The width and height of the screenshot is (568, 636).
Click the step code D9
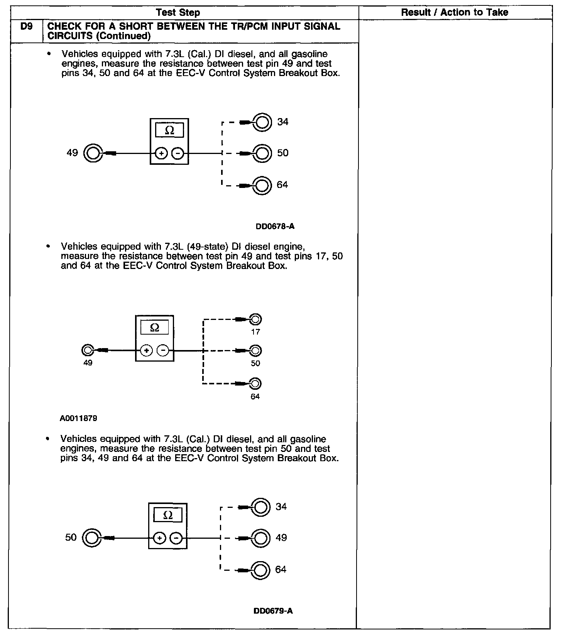(x=26, y=27)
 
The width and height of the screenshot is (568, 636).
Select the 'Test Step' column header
(x=178, y=13)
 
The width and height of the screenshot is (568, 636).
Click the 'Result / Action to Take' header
(x=454, y=12)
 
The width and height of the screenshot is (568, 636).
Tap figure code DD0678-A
(x=275, y=227)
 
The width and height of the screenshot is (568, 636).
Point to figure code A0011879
(x=78, y=418)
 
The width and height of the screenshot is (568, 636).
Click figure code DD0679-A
(x=273, y=611)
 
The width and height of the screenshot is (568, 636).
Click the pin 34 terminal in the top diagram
(x=262, y=122)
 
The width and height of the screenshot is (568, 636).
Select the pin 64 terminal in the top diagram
(x=262, y=185)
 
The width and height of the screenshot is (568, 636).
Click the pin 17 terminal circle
(x=255, y=320)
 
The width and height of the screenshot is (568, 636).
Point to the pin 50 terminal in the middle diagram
(x=255, y=351)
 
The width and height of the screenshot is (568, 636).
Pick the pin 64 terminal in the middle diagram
(x=255, y=384)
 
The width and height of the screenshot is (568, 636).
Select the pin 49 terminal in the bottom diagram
(x=260, y=538)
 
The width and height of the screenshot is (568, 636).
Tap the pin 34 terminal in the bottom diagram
(x=260, y=507)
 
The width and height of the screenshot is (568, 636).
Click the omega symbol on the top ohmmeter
(x=169, y=130)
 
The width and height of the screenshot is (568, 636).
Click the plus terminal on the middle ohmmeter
(x=146, y=350)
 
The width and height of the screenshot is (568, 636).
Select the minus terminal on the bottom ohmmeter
(x=176, y=538)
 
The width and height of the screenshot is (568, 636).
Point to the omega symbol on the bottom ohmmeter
(x=168, y=515)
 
